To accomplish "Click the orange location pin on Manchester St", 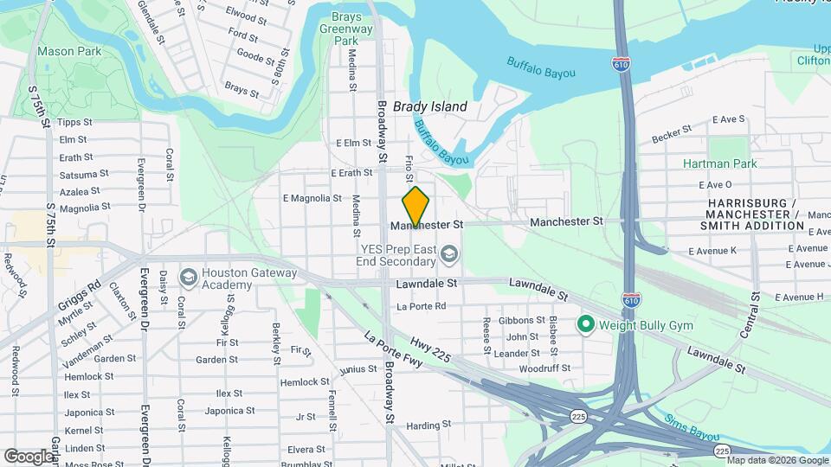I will pyautogui.click(x=415, y=207).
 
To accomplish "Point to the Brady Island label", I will pyautogui.click(x=430, y=107).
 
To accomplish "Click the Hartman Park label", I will pyautogui.click(x=719, y=163).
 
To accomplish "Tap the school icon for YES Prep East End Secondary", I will pyautogui.click(x=448, y=253).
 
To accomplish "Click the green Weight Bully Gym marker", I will pyautogui.click(x=585, y=324).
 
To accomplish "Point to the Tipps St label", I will pyautogui.click(x=74, y=123).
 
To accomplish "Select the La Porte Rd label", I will pyautogui.click(x=421, y=306).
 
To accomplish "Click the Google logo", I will pyautogui.click(x=29, y=456).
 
